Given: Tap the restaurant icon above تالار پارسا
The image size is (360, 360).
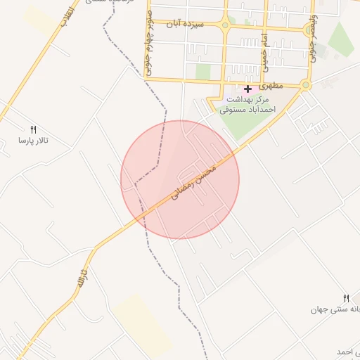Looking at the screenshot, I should pyautogui.click(x=33, y=129).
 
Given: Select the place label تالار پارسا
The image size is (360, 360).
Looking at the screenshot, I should pyautogui.click(x=33, y=141).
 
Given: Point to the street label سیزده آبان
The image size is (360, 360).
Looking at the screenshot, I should pyautogui.click(x=185, y=24).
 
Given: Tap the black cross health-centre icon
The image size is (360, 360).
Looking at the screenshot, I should pyautogui.click(x=247, y=89).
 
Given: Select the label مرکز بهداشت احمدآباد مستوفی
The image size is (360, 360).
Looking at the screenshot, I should pyautogui.click(x=246, y=105).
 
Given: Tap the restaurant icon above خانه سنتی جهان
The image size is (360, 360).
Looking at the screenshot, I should pyautogui.click(x=346, y=298).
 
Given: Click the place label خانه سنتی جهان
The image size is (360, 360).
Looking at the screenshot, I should pyautogui.click(x=337, y=309).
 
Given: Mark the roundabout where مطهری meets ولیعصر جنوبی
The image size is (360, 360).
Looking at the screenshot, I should pyautogui.click(x=305, y=86).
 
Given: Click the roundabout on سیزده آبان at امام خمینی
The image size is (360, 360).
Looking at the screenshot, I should pyautogui.click(x=225, y=26).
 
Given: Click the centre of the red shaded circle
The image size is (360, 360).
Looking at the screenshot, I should pyautogui.click(x=180, y=179).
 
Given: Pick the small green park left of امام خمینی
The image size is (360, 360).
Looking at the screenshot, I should pyautogui.click(x=203, y=72).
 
